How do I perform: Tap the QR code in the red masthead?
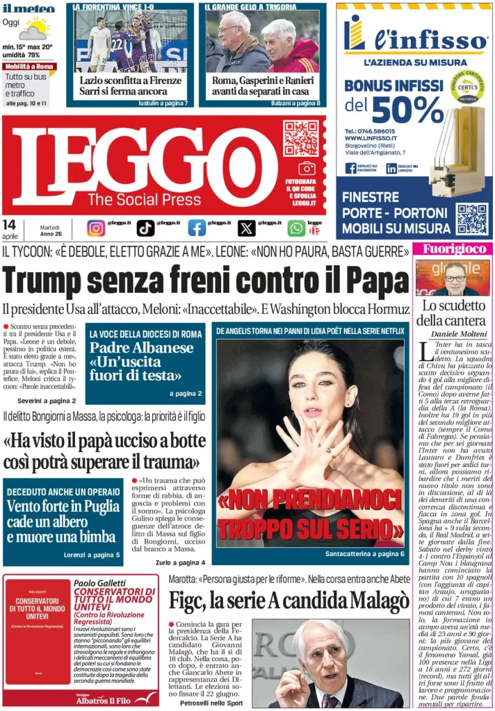point(300,138)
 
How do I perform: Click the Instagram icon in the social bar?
point(96,228)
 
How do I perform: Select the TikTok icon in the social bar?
point(145,228)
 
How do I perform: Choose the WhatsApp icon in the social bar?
point(296,228)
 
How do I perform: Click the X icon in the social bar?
point(246,228)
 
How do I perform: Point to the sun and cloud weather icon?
point(33,29)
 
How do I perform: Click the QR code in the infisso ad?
point(471,219)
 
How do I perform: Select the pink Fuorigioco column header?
point(452,248)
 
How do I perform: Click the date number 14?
point(10,224)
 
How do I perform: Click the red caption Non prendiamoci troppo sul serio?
point(309,515)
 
